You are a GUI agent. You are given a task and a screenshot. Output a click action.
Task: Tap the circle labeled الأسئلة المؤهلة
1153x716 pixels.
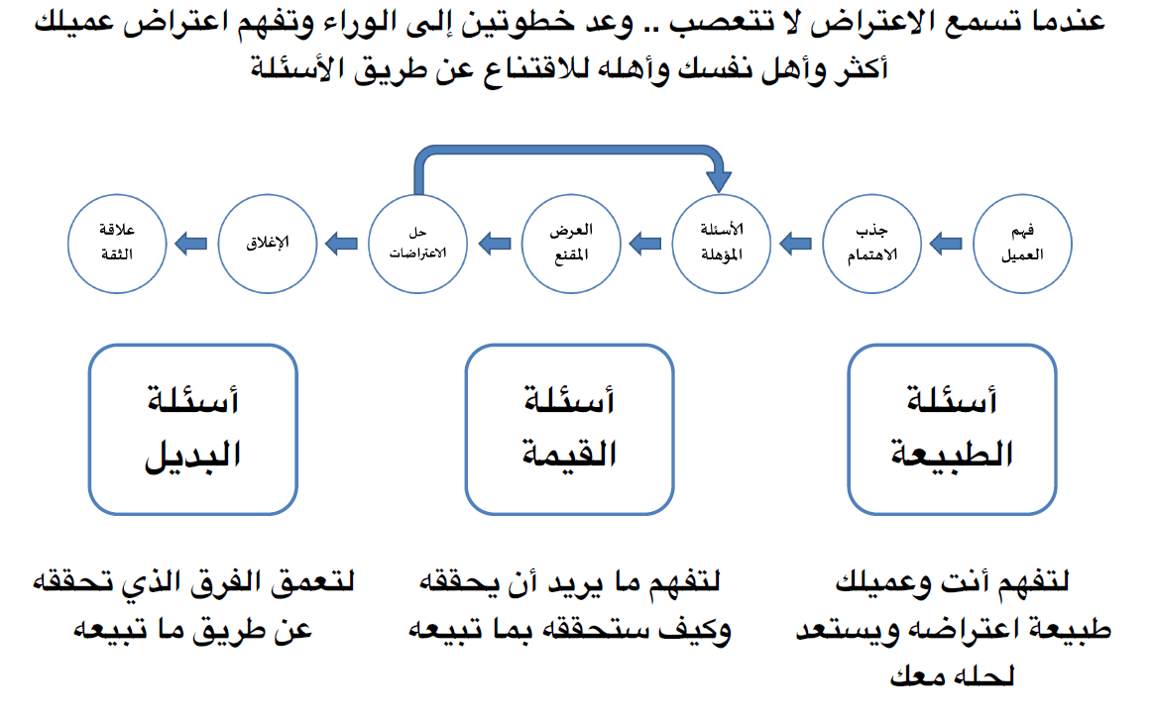coord(722,242)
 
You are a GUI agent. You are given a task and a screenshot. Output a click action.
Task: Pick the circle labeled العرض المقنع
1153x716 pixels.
coord(570,242)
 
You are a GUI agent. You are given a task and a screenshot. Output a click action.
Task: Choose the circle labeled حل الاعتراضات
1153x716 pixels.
coord(417,242)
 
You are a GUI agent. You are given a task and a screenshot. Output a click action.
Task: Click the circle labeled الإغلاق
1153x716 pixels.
coord(266,242)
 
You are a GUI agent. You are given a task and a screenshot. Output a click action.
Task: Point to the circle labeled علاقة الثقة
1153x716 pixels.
coord(115,242)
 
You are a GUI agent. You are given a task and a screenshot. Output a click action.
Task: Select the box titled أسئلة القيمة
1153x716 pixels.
coord(570,428)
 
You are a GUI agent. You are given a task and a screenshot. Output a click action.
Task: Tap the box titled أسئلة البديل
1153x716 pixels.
coord(193,428)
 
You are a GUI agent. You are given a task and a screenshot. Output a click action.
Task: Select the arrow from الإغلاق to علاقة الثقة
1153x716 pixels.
coord(190,242)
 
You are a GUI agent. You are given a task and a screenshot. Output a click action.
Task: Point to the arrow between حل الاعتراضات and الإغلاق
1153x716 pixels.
coord(342,242)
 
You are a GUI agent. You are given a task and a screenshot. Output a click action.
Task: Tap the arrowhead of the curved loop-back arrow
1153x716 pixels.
coord(721,180)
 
